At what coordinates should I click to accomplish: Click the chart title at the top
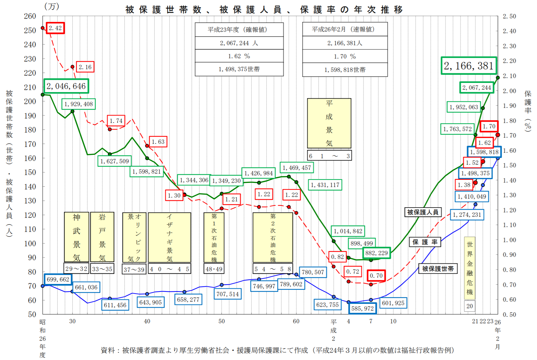(x=264, y=10)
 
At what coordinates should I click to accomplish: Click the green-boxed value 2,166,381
(x=469, y=66)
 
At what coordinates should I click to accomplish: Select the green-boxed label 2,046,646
(x=66, y=86)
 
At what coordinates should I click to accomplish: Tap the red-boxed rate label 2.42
(x=55, y=28)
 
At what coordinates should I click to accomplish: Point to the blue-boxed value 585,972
(x=362, y=308)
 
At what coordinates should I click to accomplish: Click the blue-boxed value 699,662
(x=58, y=280)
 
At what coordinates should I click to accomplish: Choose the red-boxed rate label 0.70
(x=376, y=276)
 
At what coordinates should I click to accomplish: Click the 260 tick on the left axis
(x=30, y=16)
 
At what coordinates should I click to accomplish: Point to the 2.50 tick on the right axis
(x=509, y=16)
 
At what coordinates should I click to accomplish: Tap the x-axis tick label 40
(x=147, y=321)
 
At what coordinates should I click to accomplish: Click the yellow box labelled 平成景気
(x=329, y=123)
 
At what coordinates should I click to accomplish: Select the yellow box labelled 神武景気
(x=76, y=237)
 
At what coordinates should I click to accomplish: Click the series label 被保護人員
(x=423, y=212)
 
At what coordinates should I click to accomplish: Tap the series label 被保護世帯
(x=438, y=269)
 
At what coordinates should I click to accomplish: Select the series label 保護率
(x=425, y=242)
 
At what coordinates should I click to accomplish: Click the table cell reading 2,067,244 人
(x=239, y=43)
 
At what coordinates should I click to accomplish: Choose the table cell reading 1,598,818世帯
(x=345, y=70)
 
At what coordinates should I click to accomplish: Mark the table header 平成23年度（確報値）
(x=239, y=29)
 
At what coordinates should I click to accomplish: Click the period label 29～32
(x=76, y=269)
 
